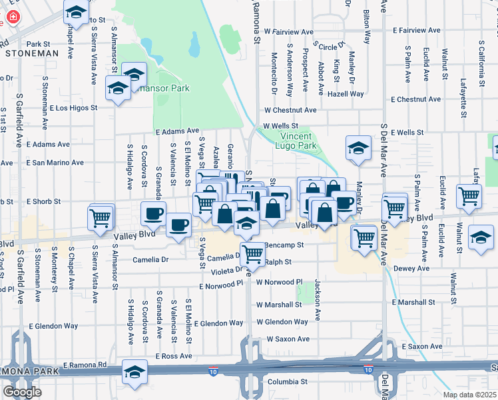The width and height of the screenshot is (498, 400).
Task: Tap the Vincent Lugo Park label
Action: [297, 140]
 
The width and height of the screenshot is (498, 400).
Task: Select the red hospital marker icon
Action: [7, 15]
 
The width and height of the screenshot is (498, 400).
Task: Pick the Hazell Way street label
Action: [346, 94]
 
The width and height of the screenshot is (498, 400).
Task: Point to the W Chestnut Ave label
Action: [290, 110]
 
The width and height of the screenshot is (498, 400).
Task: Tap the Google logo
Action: [22, 392]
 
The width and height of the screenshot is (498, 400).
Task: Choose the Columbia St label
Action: [287, 382]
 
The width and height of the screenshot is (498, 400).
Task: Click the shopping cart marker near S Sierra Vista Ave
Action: [100, 218]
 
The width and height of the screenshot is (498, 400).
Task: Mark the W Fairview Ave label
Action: [288, 31]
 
